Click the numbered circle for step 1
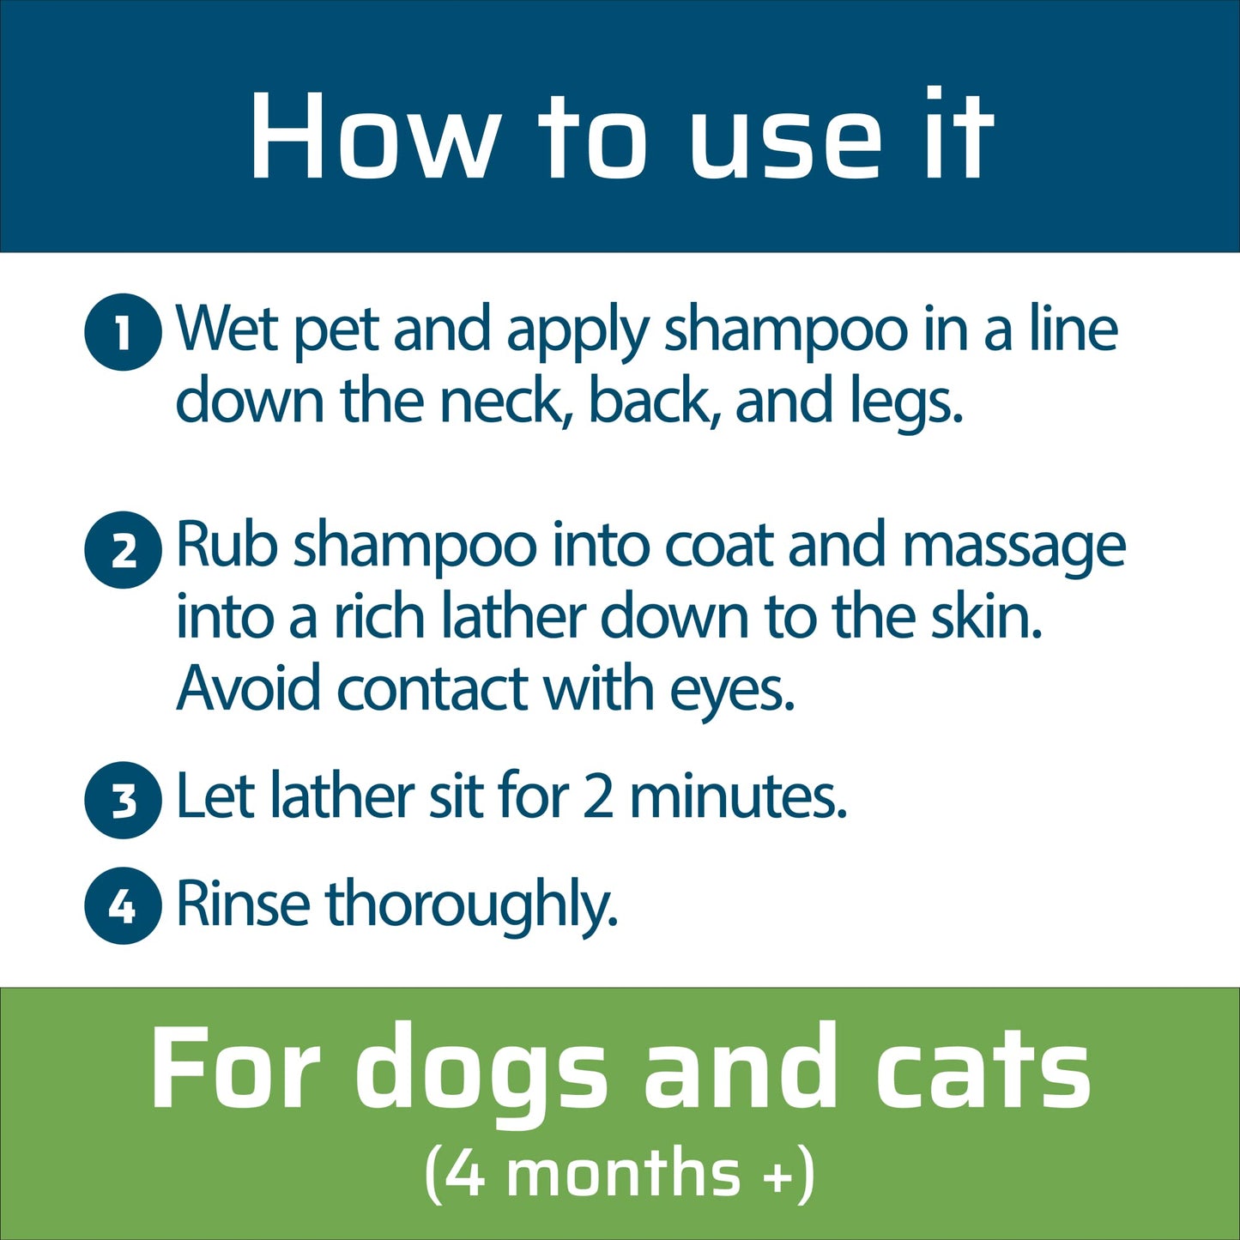[x=123, y=332]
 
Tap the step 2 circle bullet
[x=123, y=550]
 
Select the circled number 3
[x=123, y=800]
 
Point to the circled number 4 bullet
[x=123, y=905]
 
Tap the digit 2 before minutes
[x=598, y=796]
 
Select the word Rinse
[x=243, y=904]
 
